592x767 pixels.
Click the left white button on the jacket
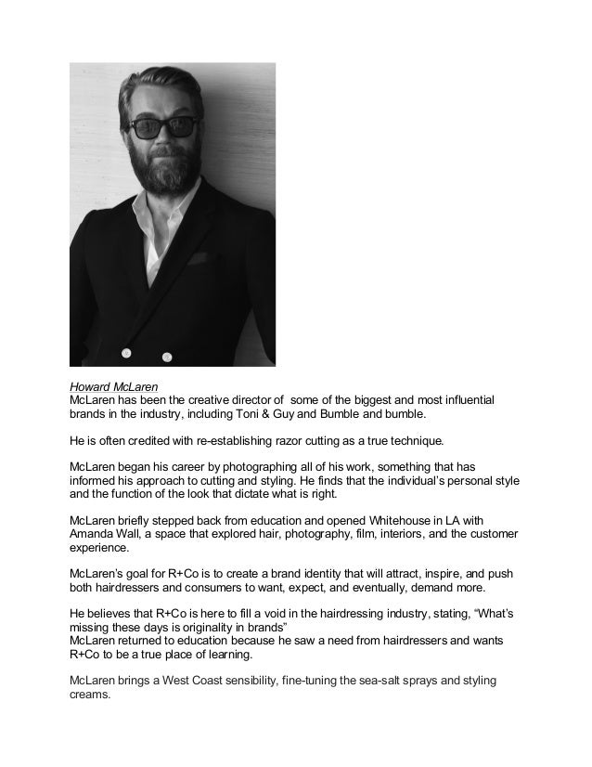tap(127, 351)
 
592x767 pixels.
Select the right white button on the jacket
tap(167, 357)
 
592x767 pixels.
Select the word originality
tap(187, 629)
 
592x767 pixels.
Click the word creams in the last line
tap(89, 695)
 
